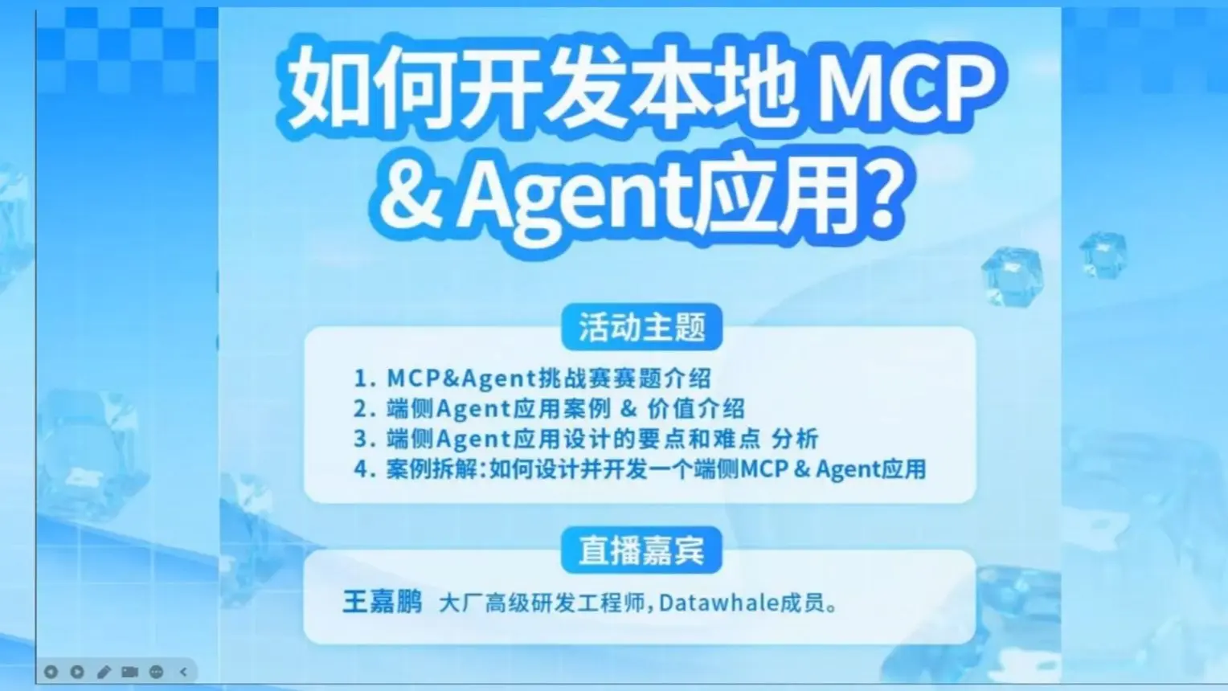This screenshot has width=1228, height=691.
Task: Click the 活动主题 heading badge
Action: (x=641, y=327)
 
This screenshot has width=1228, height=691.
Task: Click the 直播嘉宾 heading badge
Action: (x=641, y=550)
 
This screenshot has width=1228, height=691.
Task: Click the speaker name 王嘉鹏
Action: (x=382, y=602)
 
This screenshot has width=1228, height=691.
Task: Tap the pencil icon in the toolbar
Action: (x=104, y=672)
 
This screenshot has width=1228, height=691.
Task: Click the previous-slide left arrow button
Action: (x=51, y=672)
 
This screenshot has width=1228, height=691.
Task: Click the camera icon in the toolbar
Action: (x=129, y=672)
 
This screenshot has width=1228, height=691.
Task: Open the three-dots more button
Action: (x=157, y=672)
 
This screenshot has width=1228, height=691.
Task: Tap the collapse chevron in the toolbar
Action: (x=183, y=672)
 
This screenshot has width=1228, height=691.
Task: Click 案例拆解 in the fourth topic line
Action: (x=432, y=469)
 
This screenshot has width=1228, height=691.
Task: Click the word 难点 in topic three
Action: (x=735, y=439)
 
